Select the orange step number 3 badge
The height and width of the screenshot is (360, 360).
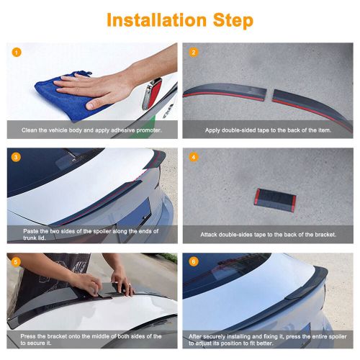click(x=16, y=157)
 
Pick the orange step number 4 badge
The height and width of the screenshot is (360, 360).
click(x=193, y=157)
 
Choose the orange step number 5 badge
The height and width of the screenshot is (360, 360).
click(x=16, y=261)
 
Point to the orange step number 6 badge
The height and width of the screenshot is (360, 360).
click(x=193, y=261)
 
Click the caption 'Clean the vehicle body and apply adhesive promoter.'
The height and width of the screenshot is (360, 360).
click(x=89, y=130)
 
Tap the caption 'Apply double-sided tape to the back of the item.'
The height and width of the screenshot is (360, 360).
click(x=267, y=130)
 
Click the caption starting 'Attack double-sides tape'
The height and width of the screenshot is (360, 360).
click(x=267, y=234)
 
